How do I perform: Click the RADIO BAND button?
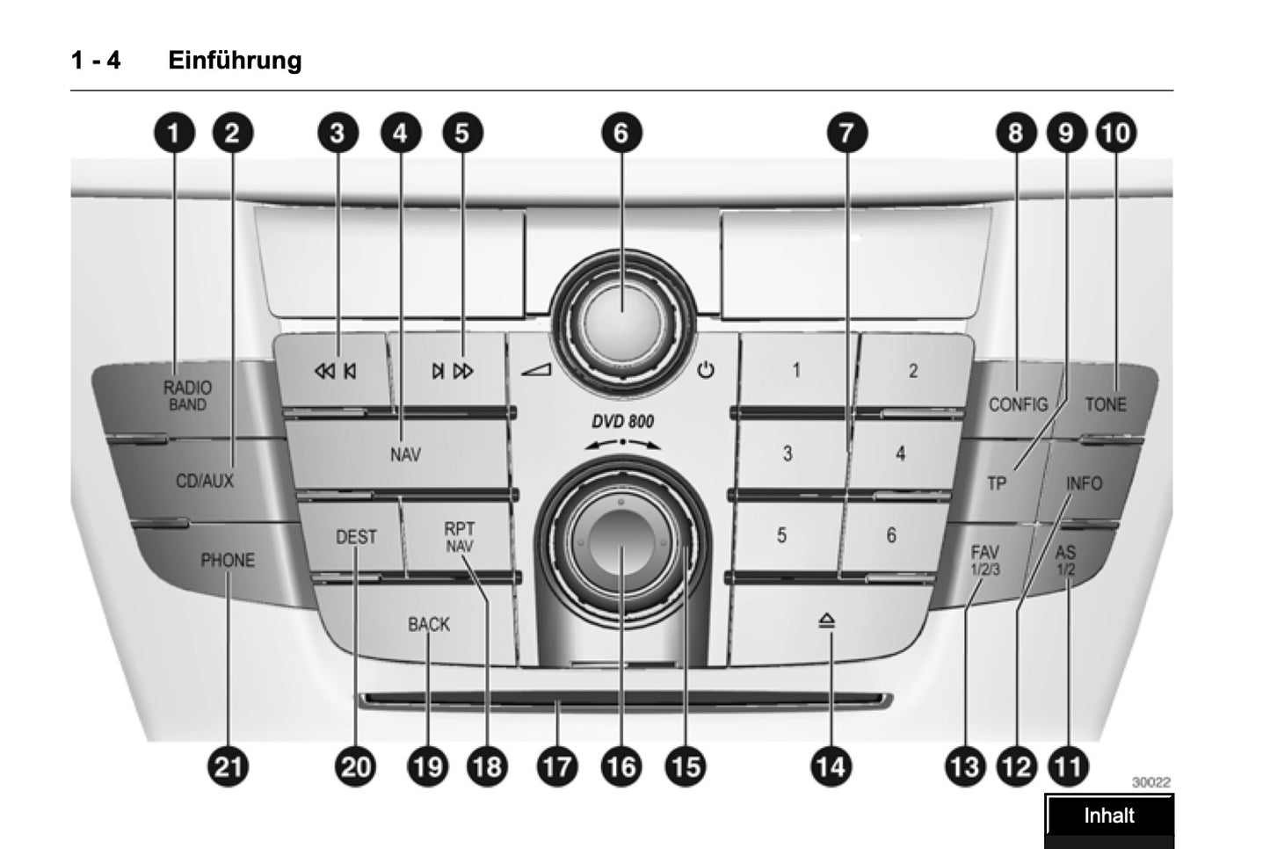click(187, 395)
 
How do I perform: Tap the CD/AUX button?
click(205, 481)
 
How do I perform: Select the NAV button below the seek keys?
click(405, 454)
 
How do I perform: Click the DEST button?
click(356, 537)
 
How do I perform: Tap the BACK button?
click(428, 624)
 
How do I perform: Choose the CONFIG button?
click(1018, 404)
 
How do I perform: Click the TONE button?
click(1105, 404)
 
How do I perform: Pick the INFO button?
click(1084, 483)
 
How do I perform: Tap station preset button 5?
click(781, 535)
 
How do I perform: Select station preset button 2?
click(912, 371)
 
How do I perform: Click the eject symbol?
click(827, 621)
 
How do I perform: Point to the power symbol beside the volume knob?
click(706, 370)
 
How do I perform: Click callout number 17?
click(557, 767)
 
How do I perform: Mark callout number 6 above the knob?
click(621, 133)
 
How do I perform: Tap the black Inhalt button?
click(1108, 816)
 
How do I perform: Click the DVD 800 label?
click(622, 421)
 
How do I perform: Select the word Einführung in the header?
click(235, 60)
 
